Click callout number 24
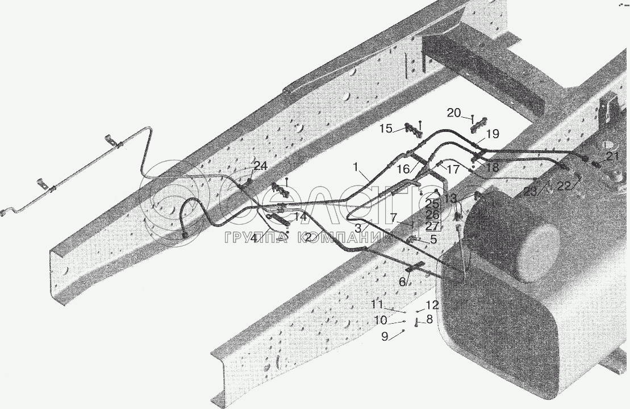click(x=260, y=167)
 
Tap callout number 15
click(x=386, y=129)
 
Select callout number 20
click(x=454, y=113)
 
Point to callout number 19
click(x=493, y=134)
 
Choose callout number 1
click(x=356, y=168)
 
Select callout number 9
click(x=385, y=337)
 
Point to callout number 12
click(x=433, y=304)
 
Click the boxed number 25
click(x=432, y=204)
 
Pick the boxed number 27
click(x=432, y=225)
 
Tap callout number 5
click(x=433, y=239)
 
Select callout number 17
click(x=453, y=169)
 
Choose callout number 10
click(x=380, y=321)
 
